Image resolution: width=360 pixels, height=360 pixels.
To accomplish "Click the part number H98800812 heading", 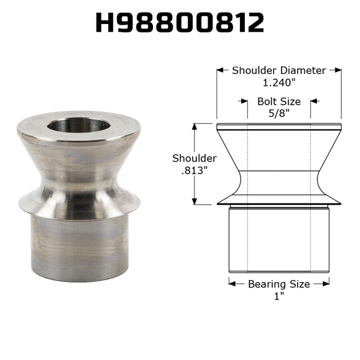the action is click(x=180, y=23).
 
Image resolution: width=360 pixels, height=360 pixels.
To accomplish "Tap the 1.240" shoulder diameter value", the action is click(x=279, y=83).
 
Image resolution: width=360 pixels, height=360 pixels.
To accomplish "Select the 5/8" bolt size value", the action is click(x=279, y=113).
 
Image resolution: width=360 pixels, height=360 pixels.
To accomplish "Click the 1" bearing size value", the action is click(x=279, y=296).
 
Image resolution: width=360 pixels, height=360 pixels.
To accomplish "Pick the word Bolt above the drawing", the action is click(x=267, y=101).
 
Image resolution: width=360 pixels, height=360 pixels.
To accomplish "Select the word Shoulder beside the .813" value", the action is click(x=194, y=158).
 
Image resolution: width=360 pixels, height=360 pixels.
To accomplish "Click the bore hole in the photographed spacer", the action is click(x=78, y=125).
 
